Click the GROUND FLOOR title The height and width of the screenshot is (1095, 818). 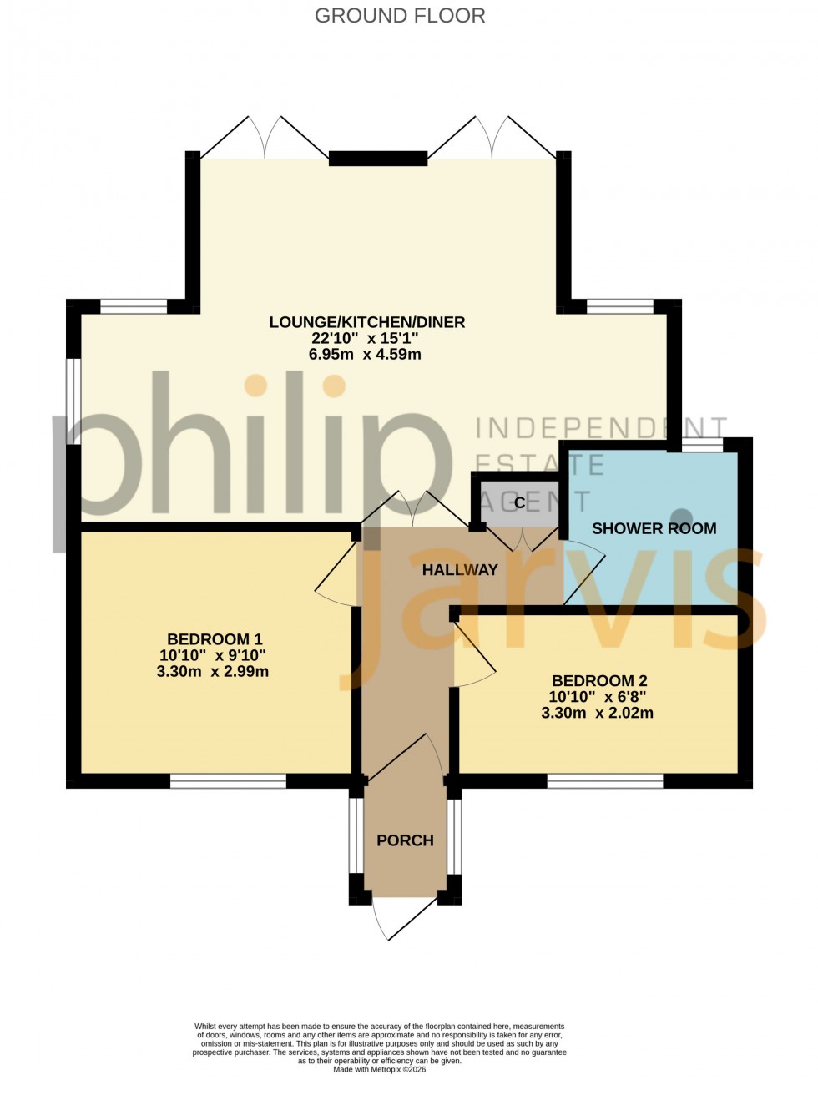point(400,16)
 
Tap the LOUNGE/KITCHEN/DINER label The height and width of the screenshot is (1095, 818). point(366,322)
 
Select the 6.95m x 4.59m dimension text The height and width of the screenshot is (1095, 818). point(365,354)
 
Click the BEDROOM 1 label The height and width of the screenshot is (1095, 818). point(215,639)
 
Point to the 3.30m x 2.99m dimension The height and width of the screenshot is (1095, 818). point(213,671)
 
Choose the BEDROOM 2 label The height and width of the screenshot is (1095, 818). point(599,681)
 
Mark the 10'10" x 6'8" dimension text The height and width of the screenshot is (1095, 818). point(598,697)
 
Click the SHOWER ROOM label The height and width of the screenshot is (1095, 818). point(654,528)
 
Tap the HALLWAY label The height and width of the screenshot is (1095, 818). point(460,570)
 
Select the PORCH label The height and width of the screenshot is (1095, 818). point(405,840)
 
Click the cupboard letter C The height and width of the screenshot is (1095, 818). point(520,502)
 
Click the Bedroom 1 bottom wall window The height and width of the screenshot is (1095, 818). point(228,781)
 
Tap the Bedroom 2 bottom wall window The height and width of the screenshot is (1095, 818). point(605,781)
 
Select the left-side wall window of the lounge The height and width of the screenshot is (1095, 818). point(73,401)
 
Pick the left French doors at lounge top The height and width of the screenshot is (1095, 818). point(265,139)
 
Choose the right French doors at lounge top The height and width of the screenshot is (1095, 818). point(492,139)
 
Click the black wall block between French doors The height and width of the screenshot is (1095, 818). point(378,158)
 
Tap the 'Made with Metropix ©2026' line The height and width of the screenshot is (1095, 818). point(380,1069)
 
